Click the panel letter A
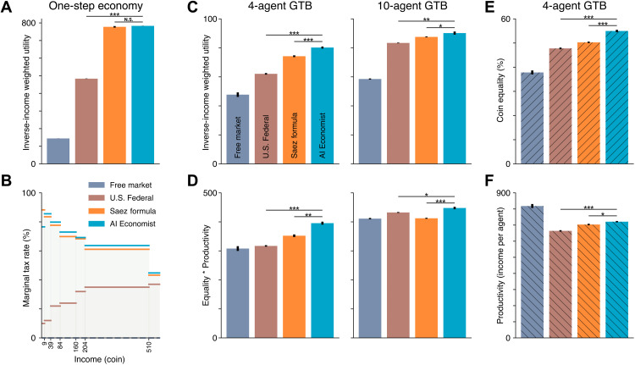(x=6, y=8)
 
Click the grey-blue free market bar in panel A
(x=58, y=150)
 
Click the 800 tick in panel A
(x=30, y=22)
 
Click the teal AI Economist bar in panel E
(x=616, y=97)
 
